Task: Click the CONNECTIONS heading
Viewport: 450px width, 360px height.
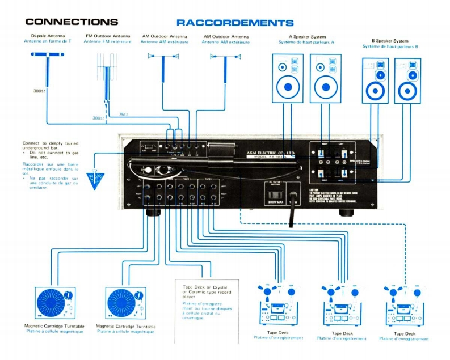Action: [72, 22]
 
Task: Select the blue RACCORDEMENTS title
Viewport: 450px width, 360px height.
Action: [234, 23]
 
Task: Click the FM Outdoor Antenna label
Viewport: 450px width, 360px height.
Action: [107, 36]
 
